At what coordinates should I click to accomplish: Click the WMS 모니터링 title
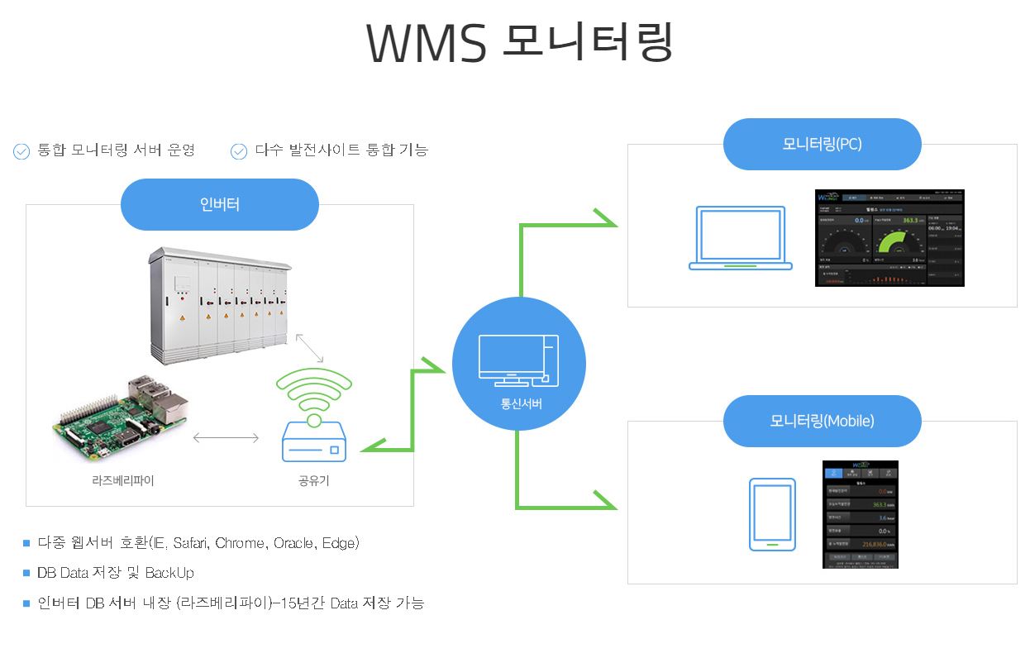(x=519, y=42)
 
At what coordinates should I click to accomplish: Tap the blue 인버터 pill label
(x=220, y=204)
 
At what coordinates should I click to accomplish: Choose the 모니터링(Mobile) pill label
(x=822, y=421)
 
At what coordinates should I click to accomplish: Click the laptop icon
(x=741, y=239)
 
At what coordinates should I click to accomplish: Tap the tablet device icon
(x=771, y=514)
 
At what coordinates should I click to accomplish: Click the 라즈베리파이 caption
(x=122, y=480)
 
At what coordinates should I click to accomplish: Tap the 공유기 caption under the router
(x=314, y=480)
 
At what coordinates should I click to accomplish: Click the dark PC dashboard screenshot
(x=889, y=238)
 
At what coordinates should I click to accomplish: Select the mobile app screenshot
(x=860, y=514)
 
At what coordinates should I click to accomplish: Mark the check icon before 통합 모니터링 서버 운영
(x=21, y=151)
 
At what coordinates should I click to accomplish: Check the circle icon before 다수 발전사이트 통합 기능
(x=239, y=151)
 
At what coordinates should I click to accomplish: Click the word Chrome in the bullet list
(x=240, y=543)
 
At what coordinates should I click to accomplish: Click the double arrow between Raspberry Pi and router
(x=226, y=437)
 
